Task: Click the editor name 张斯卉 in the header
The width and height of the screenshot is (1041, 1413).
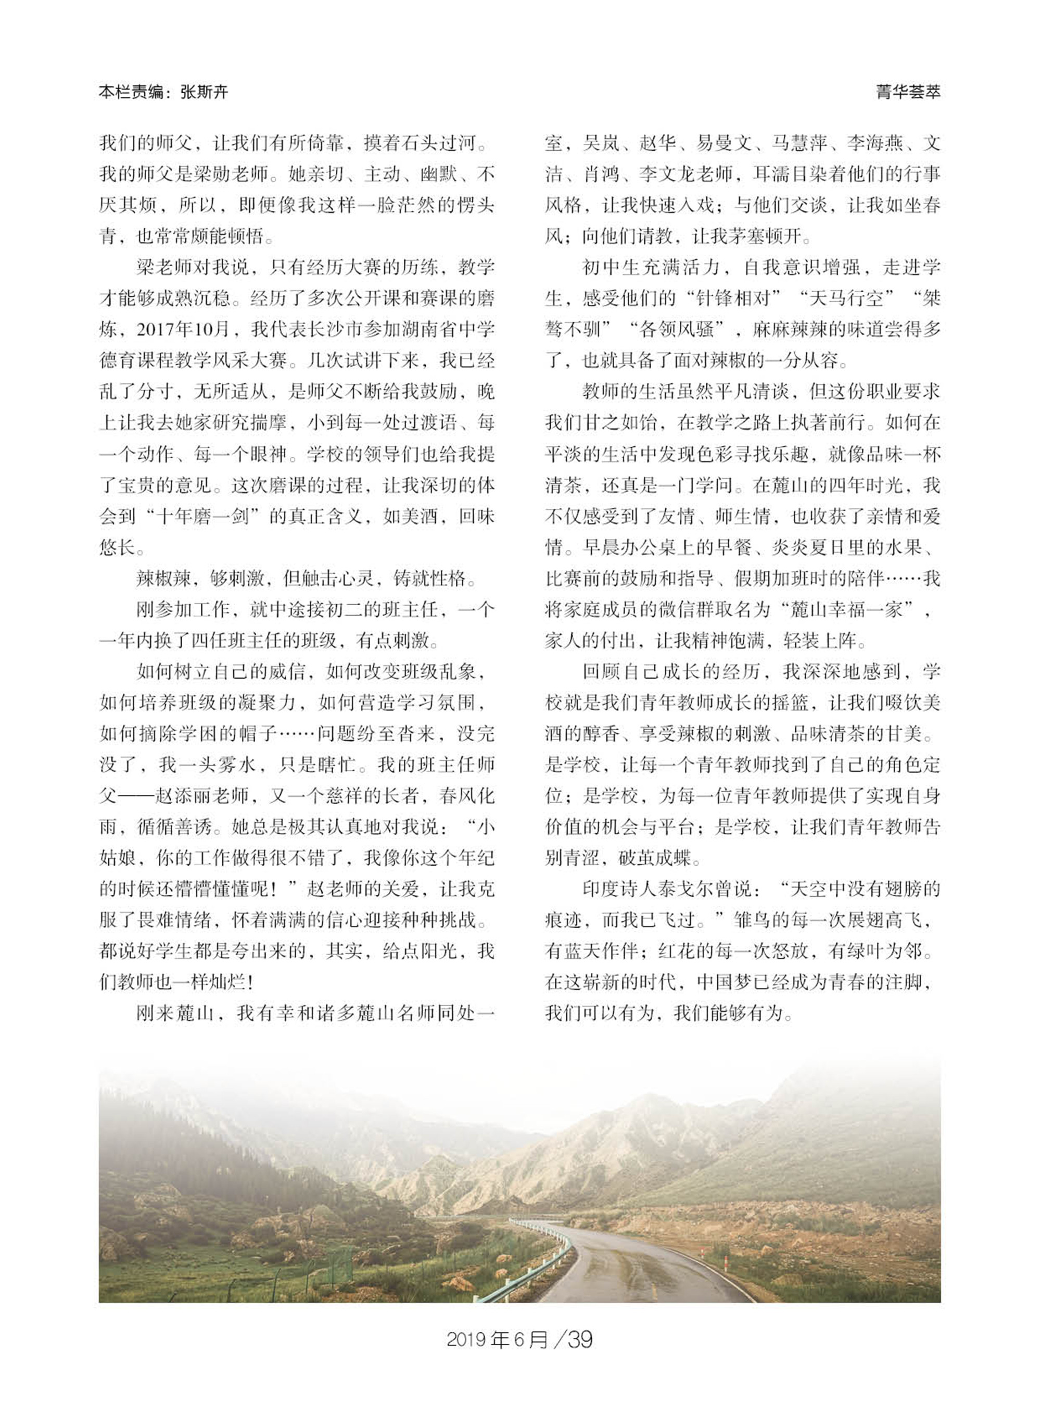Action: pyautogui.click(x=204, y=92)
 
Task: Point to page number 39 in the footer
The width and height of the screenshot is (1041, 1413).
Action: pyautogui.click(x=580, y=1339)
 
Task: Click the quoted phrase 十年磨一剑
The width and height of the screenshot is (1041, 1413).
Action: pyautogui.click(x=204, y=516)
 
